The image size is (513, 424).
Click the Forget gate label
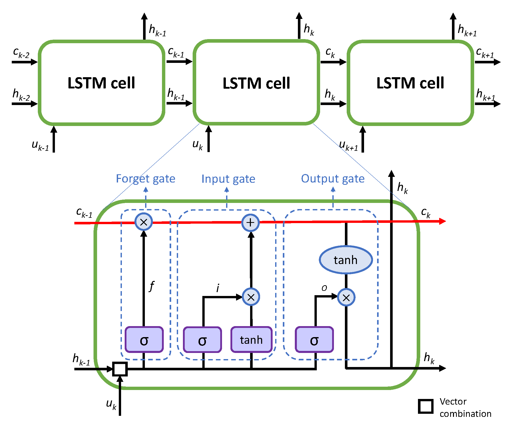tap(146, 179)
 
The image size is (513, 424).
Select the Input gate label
tap(228, 179)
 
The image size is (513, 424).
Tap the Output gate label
tap(333, 179)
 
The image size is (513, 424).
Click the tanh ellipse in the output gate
tap(346, 260)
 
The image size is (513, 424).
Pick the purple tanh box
tap(251, 340)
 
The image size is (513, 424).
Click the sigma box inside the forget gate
tap(144, 340)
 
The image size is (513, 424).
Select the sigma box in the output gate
tap(314, 340)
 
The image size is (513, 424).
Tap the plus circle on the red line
tap(250, 223)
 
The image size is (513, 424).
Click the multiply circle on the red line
tap(144, 222)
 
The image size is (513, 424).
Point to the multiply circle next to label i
tap(251, 297)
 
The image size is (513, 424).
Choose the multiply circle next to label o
tap(346, 297)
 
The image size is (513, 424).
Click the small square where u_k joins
tap(120, 369)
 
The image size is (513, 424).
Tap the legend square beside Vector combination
tap(426, 406)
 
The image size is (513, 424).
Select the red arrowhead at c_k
tap(442, 221)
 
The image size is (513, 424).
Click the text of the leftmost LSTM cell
tap(101, 83)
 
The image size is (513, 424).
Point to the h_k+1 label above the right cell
tap(467, 30)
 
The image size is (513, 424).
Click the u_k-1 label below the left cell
tap(40, 145)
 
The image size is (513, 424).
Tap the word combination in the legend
tap(465, 414)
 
